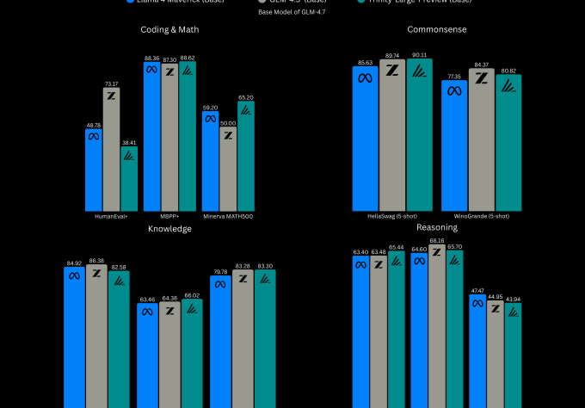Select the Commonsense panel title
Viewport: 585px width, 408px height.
437,29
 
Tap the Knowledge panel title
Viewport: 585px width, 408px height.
169,229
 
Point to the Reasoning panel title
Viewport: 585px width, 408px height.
437,227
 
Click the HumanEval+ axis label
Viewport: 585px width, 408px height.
111,216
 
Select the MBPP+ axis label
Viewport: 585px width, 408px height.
169,216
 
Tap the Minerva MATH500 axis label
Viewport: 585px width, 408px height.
228,216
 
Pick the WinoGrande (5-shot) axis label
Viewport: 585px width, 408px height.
481,216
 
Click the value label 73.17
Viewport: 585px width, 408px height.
111,83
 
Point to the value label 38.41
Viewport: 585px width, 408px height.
129,142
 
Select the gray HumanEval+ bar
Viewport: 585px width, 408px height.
111,151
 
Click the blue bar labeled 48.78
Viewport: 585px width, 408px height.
94,172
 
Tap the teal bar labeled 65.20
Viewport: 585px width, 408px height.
246,159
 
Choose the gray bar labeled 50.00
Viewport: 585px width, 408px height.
228,172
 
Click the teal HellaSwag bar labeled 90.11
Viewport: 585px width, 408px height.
421,138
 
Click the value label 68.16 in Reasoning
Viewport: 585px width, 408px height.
437,241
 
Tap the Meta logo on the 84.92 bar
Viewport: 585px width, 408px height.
74,275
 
